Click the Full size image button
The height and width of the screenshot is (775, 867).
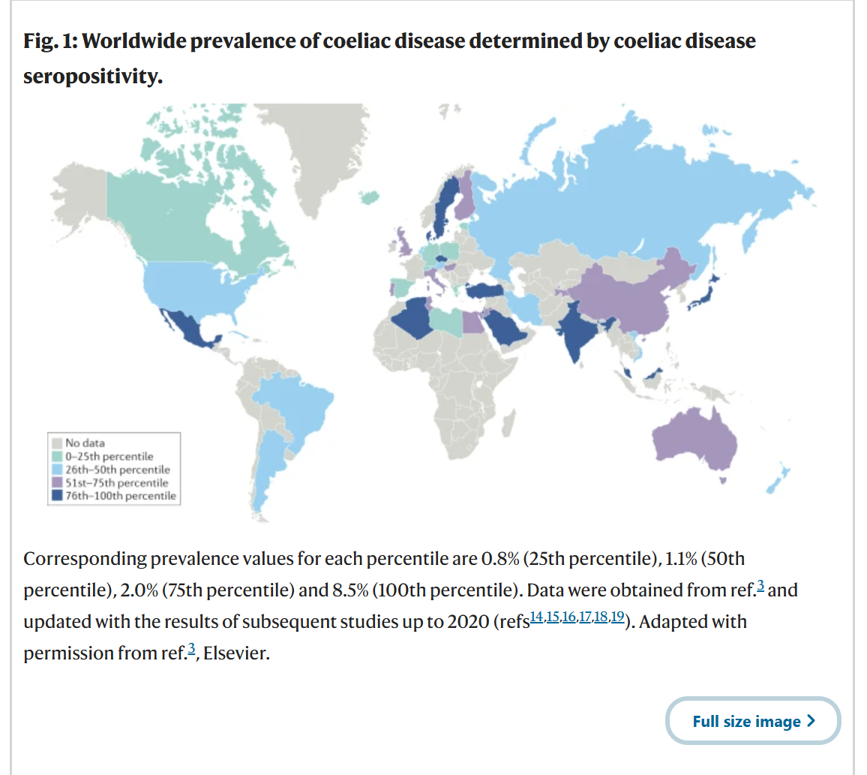point(753,722)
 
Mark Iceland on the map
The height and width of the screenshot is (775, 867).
point(368,197)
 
